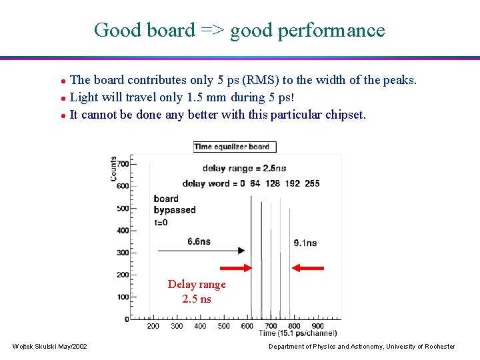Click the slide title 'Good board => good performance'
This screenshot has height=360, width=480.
coord(239,30)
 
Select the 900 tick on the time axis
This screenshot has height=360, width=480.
coord(317,326)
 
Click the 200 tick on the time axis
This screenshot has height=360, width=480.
coord(153,326)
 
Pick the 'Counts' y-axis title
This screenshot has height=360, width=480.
coord(114,169)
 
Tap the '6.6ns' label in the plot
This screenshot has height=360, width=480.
coord(199,241)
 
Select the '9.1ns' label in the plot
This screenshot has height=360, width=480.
coord(305,243)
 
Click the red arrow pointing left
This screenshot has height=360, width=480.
coord(308,268)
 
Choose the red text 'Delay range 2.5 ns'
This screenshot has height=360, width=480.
coord(197,291)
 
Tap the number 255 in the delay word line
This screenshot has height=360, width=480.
coord(311,183)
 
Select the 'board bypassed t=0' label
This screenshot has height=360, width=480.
coord(174,210)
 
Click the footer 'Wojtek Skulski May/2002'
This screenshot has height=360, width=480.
coord(49,346)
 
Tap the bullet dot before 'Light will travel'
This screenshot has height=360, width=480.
coord(63,98)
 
